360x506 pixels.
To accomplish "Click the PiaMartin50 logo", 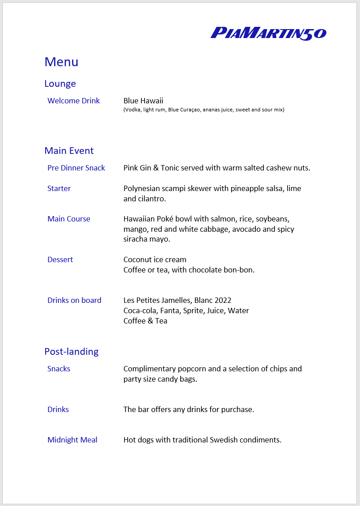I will [x=268, y=33].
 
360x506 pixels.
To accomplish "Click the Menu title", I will [x=61, y=62].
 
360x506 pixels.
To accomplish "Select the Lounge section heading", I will [x=60, y=84].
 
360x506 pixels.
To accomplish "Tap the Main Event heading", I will [x=69, y=151].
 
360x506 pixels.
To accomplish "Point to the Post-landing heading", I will [x=71, y=352].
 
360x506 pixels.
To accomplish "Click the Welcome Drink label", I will [x=73, y=101].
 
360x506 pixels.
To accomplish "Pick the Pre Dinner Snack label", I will [x=76, y=168].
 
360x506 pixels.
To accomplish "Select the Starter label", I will [x=59, y=188].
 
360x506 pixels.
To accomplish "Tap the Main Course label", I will [x=68, y=219].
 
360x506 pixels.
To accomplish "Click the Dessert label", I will [x=60, y=259].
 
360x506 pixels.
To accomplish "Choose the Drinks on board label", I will [x=74, y=300].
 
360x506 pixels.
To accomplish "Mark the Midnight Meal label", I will [x=72, y=440].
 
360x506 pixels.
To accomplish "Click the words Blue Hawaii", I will [x=143, y=101].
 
